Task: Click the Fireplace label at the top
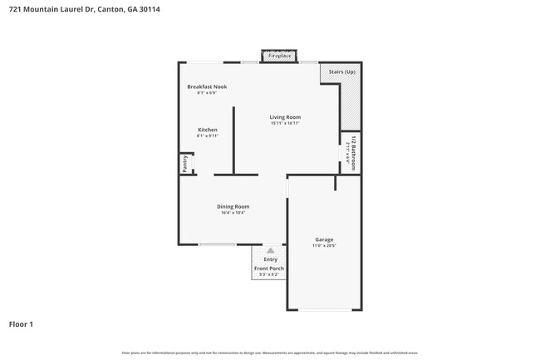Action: click(279, 56)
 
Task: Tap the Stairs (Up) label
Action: click(342, 72)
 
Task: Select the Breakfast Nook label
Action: click(207, 86)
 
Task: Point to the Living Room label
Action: click(285, 117)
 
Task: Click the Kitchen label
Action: click(207, 130)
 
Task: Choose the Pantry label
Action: click(184, 164)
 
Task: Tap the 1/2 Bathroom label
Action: click(353, 153)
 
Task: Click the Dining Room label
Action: click(233, 206)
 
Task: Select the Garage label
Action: click(324, 239)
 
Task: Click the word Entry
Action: click(271, 259)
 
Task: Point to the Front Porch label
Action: click(269, 269)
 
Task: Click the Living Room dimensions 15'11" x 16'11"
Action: click(285, 123)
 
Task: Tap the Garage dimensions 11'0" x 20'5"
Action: click(324, 245)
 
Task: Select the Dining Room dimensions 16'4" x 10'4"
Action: click(233, 212)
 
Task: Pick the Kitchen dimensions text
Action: click(207, 136)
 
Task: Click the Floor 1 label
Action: click(22, 323)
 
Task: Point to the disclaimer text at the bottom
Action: click(270, 353)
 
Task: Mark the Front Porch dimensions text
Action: click(269, 274)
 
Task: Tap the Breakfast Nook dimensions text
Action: click(207, 92)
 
